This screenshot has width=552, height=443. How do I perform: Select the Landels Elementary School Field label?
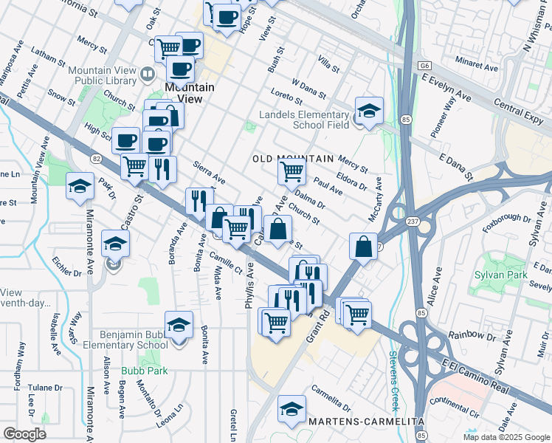pos(303,120)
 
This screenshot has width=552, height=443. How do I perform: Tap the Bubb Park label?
pos(145,371)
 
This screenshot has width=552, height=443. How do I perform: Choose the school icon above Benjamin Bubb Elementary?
pos(179,325)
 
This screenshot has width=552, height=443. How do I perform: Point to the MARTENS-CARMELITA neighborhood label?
pos(367,421)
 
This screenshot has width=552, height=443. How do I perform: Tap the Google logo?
pos(24,434)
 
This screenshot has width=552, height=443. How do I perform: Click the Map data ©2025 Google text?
pos(506,437)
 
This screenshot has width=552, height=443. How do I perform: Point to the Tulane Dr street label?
pos(45,387)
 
